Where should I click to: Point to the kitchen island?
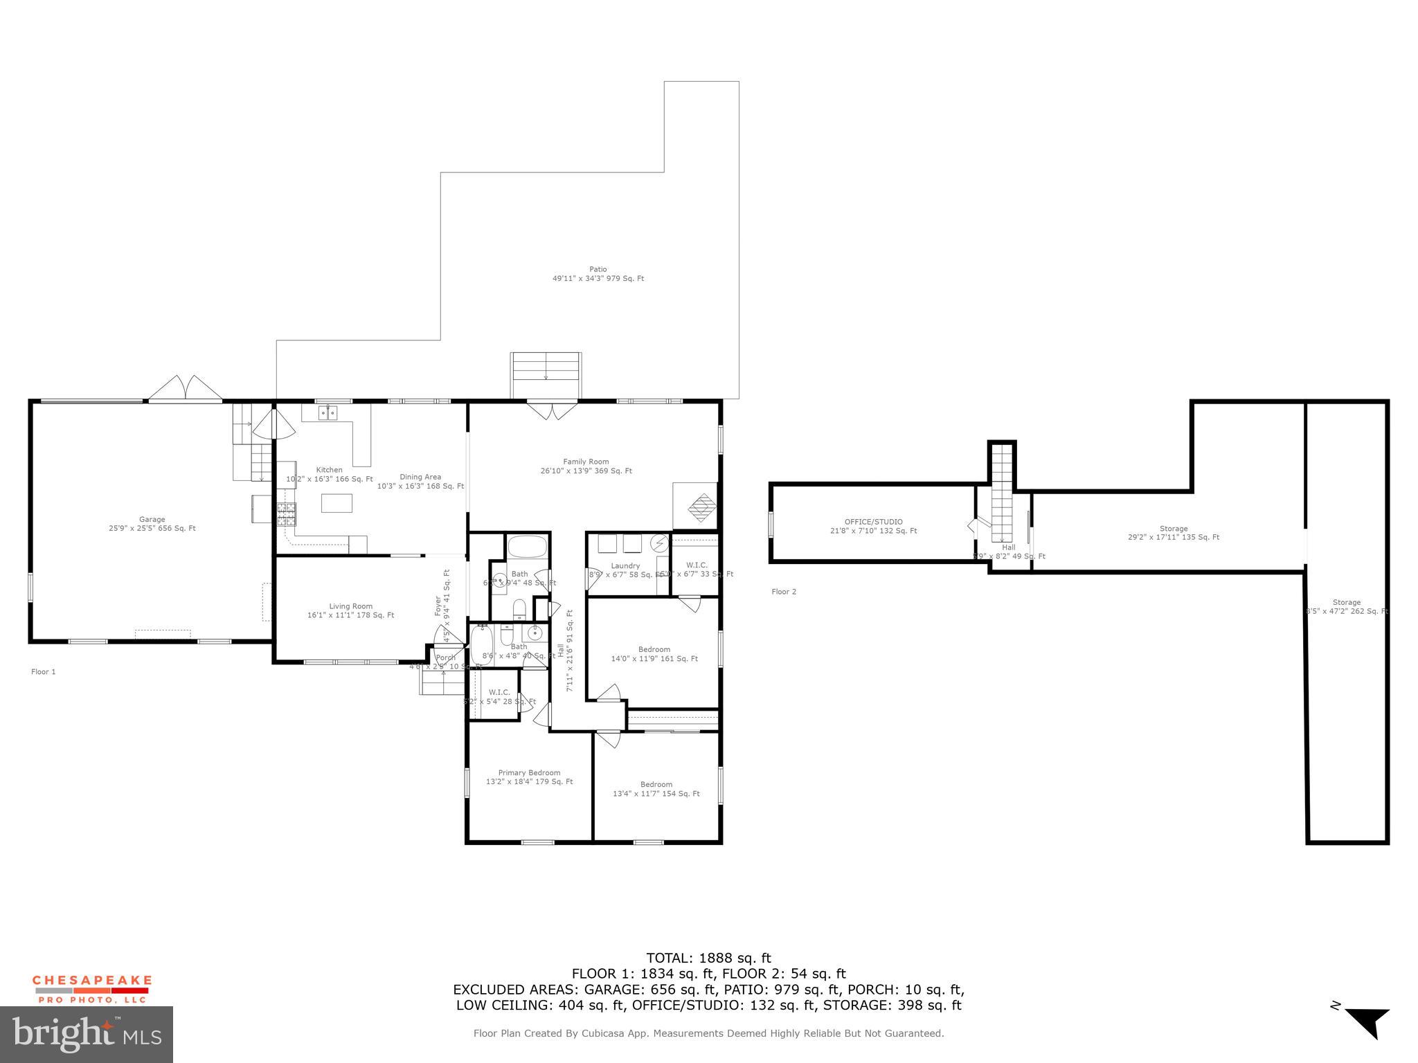(x=336, y=502)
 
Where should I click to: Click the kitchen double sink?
(x=327, y=413)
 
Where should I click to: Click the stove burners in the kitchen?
(x=286, y=516)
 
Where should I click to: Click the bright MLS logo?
(x=87, y=1034)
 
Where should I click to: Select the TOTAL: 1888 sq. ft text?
(x=708, y=958)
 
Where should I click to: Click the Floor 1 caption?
(x=43, y=671)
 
